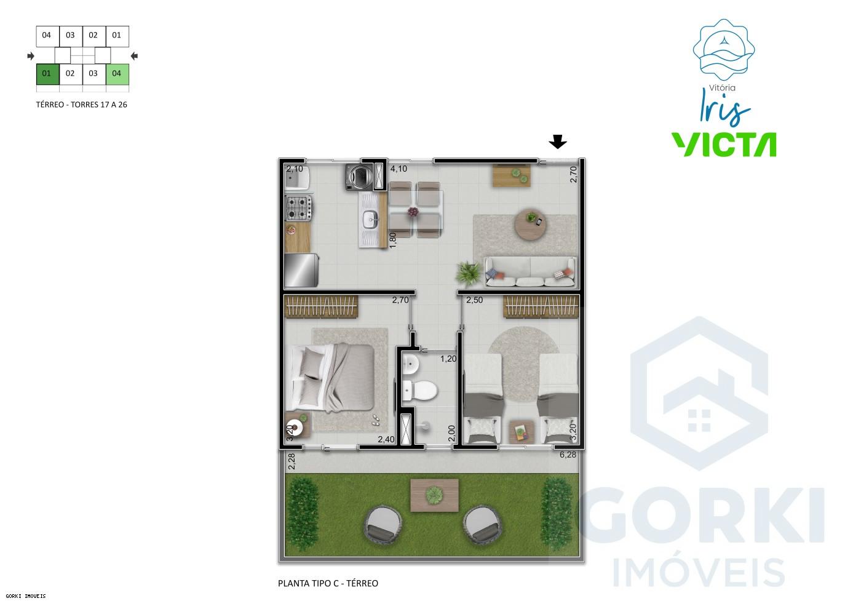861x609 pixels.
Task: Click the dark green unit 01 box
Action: pyautogui.click(x=47, y=74)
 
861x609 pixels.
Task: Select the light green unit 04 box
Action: pyautogui.click(x=117, y=74)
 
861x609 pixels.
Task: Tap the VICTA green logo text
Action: pyautogui.click(x=723, y=145)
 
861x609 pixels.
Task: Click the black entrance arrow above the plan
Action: pyautogui.click(x=558, y=143)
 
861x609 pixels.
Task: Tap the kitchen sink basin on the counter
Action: pyautogui.click(x=370, y=218)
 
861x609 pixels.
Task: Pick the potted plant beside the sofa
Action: pyautogui.click(x=469, y=273)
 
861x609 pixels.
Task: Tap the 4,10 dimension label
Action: pyautogui.click(x=399, y=169)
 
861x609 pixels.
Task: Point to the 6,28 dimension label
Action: pyautogui.click(x=568, y=455)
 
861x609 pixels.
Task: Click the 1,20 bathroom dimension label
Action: pyautogui.click(x=448, y=359)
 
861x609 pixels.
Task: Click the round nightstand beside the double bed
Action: pyautogui.click(x=296, y=426)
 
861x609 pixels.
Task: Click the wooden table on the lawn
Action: pyautogui.click(x=435, y=494)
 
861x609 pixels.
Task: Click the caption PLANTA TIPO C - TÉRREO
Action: pyautogui.click(x=328, y=583)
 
